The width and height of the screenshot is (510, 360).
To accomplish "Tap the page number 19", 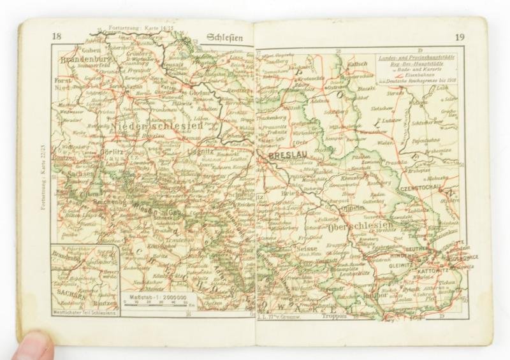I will pyautogui.click(x=458, y=37).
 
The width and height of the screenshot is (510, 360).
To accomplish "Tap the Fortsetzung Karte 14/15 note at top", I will pyautogui.click(x=131, y=30).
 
